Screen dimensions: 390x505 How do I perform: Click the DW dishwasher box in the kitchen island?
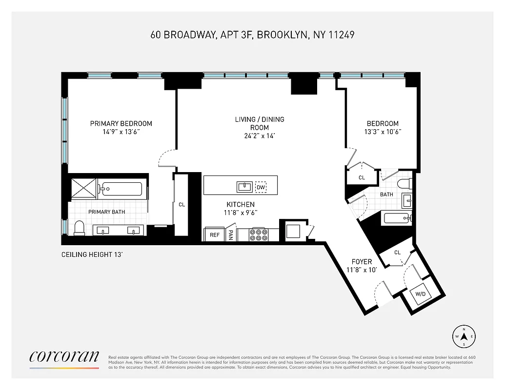click(261, 187)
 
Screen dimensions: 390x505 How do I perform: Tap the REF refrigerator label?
click(215, 234)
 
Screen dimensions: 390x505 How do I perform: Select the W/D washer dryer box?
click(420, 294)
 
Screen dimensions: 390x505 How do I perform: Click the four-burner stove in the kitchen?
click(258, 234)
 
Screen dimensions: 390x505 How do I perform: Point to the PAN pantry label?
click(230, 235)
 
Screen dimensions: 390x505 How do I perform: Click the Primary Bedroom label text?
click(121, 123)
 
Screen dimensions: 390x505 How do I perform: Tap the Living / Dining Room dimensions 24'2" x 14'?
click(260, 136)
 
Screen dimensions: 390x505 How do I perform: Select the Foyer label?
click(361, 262)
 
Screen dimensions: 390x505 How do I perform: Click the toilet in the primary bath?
click(79, 228)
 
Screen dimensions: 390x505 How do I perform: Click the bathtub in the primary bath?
click(122, 189)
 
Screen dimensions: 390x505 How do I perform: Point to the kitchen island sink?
click(244, 187)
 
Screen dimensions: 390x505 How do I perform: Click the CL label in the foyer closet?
click(397, 253)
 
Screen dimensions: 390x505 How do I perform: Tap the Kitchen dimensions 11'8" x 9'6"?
click(240, 213)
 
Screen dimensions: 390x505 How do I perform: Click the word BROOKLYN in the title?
click(281, 35)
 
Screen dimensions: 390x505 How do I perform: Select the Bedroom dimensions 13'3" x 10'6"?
click(383, 132)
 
